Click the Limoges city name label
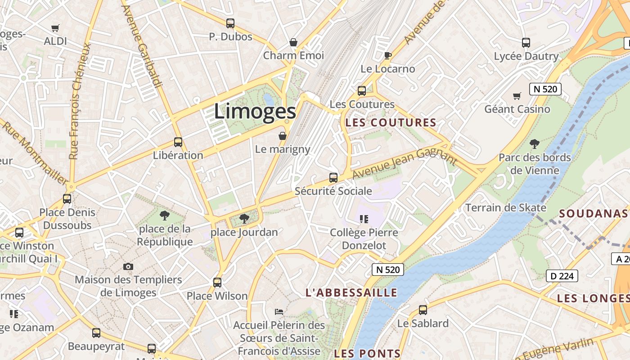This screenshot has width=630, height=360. tap(255, 111)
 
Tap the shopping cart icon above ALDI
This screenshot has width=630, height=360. tap(55, 28)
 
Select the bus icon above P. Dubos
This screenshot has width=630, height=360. tap(230, 23)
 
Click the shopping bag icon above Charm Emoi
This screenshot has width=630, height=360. tap(293, 42)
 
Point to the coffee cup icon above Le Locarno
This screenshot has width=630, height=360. tap(387, 55)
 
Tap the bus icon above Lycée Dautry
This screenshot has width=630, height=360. tap(526, 43)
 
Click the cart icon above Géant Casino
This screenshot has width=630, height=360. tap(517, 96)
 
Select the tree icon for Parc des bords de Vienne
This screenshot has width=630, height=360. tap(535, 144)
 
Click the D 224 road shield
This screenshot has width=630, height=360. tap(562, 276)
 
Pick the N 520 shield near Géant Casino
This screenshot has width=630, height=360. tap(545, 89)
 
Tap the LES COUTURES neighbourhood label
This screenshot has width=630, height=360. tap(391, 122)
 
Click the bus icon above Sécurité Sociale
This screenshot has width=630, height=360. tap(333, 178)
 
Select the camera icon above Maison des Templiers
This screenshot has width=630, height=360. tap(128, 267)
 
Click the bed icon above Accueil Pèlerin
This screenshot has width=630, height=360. tap(279, 311)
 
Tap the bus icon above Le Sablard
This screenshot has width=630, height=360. tap(423, 310)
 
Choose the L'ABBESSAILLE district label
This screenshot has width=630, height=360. tap(351, 292)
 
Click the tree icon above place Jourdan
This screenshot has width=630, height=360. tap(244, 219)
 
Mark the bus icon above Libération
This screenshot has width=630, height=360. tap(178, 142)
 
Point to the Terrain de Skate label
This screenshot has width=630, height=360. tap(505, 207)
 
